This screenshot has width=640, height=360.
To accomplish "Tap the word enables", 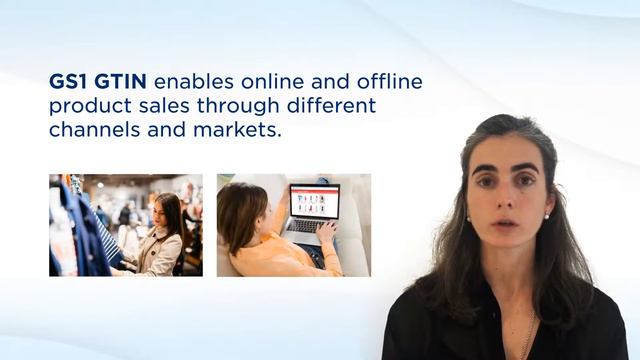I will (189, 81).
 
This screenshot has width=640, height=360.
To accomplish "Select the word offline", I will (387, 81).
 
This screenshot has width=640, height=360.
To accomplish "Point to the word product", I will (85, 106).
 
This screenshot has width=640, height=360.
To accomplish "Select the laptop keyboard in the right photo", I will (305, 227).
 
